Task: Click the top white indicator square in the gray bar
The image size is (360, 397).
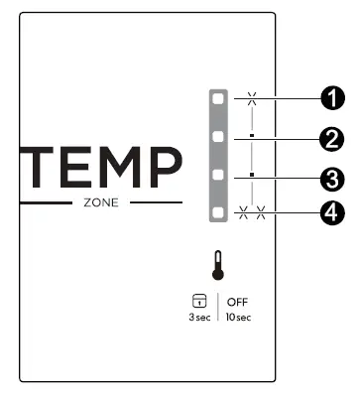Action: (217, 99)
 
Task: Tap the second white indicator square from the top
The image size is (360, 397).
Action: (217, 136)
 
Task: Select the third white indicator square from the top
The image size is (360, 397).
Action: (217, 176)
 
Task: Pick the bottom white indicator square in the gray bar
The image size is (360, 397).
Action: (217, 212)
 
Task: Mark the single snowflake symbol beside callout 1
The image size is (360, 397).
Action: (252, 98)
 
